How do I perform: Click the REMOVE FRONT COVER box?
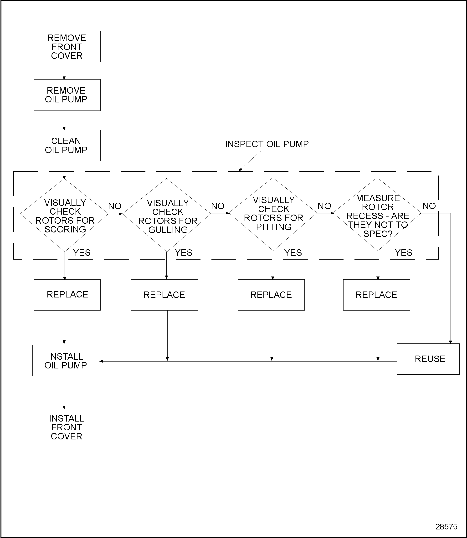(x=67, y=47)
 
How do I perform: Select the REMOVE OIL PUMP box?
(x=67, y=95)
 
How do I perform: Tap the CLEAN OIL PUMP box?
(x=67, y=146)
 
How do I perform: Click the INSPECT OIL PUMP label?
(x=267, y=144)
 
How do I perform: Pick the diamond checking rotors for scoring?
(x=64, y=215)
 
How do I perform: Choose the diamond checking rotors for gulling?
(x=167, y=215)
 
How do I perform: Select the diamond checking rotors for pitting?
(x=273, y=214)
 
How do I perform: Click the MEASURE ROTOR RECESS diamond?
(x=377, y=214)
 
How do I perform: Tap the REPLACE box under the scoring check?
(x=67, y=295)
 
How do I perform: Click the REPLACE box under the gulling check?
(x=164, y=295)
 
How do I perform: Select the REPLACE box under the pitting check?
(x=271, y=295)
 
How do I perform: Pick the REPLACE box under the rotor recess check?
(x=376, y=295)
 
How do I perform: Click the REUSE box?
(x=428, y=359)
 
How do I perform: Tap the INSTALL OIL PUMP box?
(x=66, y=361)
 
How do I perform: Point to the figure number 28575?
(x=446, y=527)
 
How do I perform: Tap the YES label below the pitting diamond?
(x=293, y=253)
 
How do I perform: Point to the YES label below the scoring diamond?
(x=82, y=253)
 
